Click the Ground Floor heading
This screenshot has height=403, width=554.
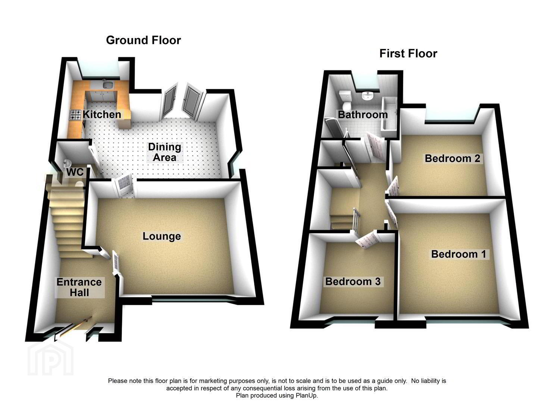point(144,40)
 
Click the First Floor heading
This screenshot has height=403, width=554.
point(409,53)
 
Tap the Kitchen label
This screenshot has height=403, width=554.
point(102,114)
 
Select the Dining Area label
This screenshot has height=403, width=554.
point(165,152)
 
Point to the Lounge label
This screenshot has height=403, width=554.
point(162,236)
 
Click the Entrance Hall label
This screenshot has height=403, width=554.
point(79,287)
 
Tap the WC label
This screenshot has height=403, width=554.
point(75,172)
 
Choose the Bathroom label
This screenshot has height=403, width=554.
point(363,115)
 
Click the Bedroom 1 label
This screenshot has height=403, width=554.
point(459,254)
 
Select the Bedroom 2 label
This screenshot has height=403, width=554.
point(453,158)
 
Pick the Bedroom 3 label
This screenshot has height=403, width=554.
point(353,281)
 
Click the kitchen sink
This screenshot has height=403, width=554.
point(108,85)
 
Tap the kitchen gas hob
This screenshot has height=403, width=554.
point(76,115)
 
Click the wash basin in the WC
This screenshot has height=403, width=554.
point(67,162)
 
